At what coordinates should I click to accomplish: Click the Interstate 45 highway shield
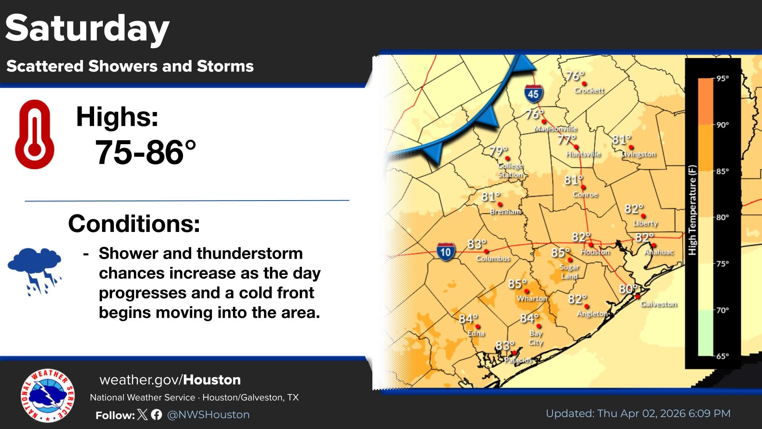tap(533, 94)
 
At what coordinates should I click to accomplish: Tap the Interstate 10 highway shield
tap(445, 252)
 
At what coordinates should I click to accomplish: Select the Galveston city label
tap(658, 304)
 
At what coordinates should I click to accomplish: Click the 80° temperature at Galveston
tap(628, 289)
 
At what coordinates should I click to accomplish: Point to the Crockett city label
tap(589, 91)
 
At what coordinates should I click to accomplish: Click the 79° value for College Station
tap(498, 151)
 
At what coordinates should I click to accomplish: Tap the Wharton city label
tap(531, 298)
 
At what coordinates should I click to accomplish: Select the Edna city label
tap(475, 333)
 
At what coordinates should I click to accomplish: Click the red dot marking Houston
tap(591, 245)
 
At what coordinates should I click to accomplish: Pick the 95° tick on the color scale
tap(722, 78)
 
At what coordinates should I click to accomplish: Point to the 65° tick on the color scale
tap(722, 356)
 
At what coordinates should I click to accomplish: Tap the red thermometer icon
tap(35, 134)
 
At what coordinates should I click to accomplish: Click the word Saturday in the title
tap(87, 29)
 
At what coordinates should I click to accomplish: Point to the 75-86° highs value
tap(145, 153)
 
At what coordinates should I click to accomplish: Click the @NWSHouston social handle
tap(208, 415)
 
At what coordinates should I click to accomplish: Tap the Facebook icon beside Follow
tap(156, 415)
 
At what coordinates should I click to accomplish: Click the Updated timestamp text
tap(638, 414)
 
